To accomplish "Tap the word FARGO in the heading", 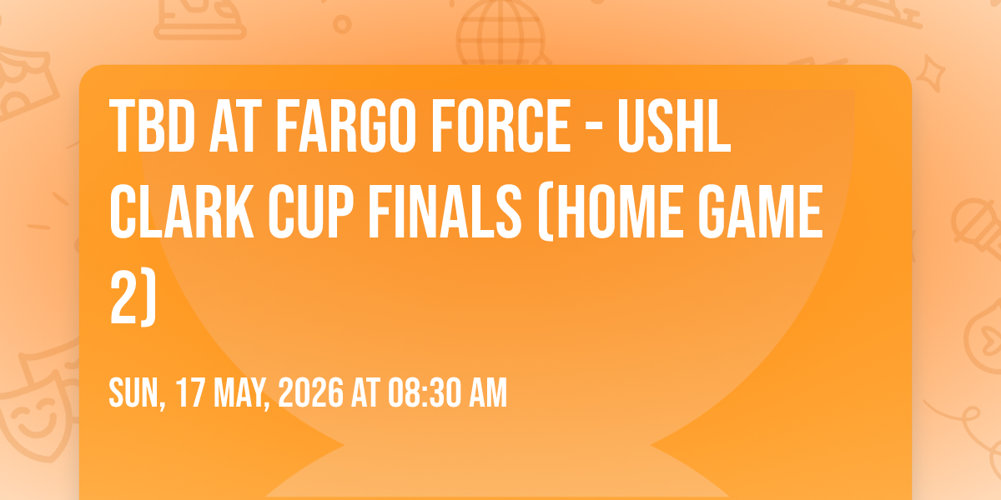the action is click(346, 126).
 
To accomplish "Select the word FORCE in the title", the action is click(500, 126).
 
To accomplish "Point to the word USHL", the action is click(674, 126).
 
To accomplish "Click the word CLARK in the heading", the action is click(182, 211).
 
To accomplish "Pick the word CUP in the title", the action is click(311, 211).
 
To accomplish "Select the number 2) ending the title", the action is click(133, 297).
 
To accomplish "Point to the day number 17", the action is click(190, 392).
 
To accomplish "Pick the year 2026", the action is click(311, 392).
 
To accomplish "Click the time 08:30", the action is click(425, 392).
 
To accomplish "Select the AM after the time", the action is click(488, 392).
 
